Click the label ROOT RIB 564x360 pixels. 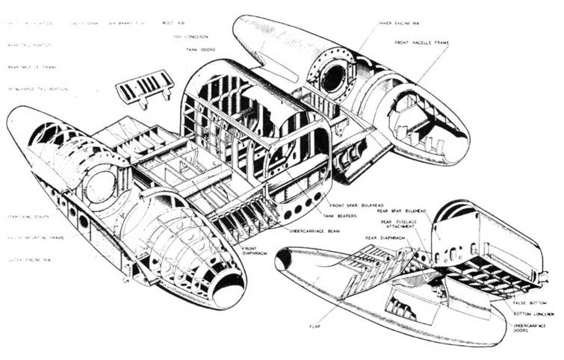173,24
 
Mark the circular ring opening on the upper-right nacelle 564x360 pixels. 333,74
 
